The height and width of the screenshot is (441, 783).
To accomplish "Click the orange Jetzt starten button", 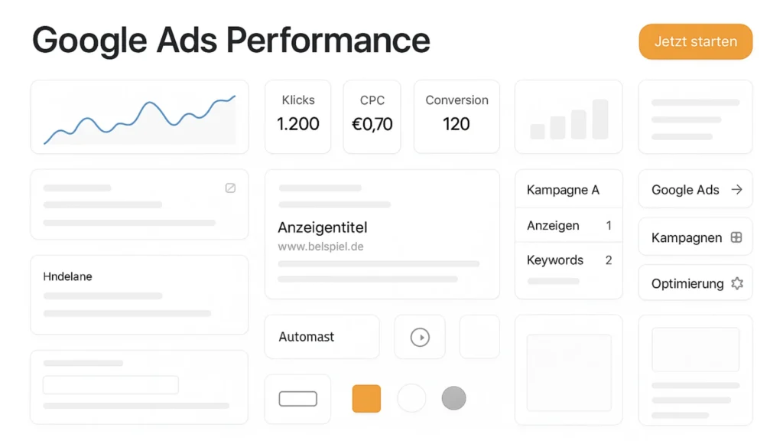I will [x=695, y=41].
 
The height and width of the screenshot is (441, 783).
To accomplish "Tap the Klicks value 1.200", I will [x=298, y=124].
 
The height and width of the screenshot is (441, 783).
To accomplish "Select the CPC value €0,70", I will [x=372, y=124].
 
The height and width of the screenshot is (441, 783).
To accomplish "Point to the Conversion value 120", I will [x=456, y=124].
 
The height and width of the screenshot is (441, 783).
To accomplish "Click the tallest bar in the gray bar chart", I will [x=600, y=119].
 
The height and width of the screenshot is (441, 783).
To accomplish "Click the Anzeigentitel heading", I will [x=323, y=227].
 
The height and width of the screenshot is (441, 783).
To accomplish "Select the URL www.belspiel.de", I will [x=320, y=247].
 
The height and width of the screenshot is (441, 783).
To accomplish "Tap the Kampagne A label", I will [x=563, y=190].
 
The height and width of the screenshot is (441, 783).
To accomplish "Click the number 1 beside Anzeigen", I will [x=609, y=226].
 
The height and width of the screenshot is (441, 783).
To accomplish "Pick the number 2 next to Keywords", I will [x=609, y=260].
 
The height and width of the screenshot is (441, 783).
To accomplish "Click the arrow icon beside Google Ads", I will [x=736, y=190].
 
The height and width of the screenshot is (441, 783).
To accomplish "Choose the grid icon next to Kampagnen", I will [x=736, y=237].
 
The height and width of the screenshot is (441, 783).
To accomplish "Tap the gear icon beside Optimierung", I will [x=737, y=283].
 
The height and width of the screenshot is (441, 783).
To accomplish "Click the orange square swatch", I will [x=366, y=398].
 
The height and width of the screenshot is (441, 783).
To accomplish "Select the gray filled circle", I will [x=453, y=398].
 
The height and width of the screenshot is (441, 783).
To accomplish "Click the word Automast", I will [x=307, y=337].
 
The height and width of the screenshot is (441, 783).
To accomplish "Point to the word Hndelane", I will [x=68, y=276].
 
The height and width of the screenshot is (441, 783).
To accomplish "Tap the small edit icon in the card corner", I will [x=230, y=188].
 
